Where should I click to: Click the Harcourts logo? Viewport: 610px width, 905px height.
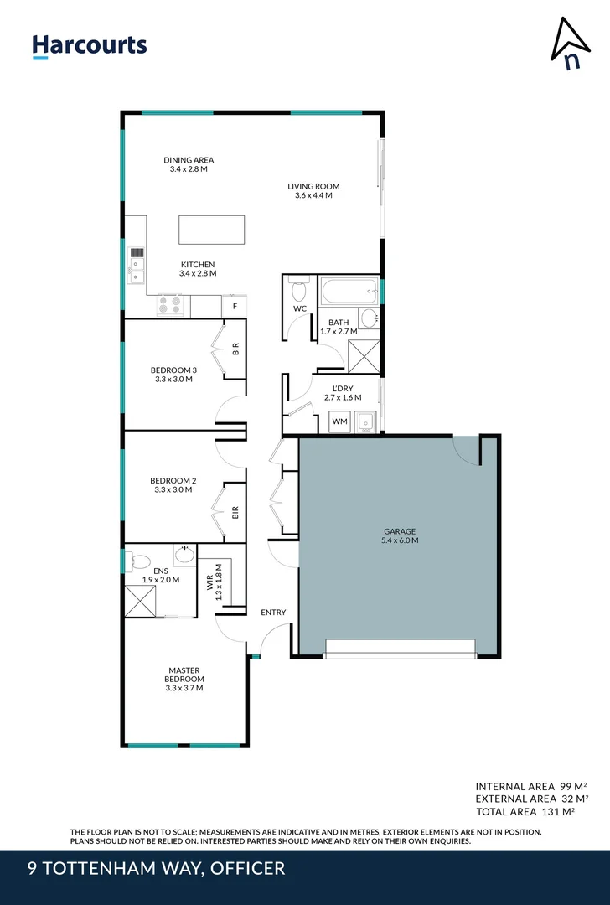tap(89, 45)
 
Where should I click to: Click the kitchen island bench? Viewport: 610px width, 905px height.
tap(211, 230)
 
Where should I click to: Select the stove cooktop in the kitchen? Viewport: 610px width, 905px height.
tap(170, 307)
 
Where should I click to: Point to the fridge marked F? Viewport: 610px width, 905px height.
tap(235, 307)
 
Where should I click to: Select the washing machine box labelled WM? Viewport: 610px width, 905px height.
tap(339, 421)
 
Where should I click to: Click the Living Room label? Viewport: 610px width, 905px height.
tap(313, 186)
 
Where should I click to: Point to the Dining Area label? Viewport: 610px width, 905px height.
tap(189, 160)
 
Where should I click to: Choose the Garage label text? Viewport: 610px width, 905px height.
tap(400, 531)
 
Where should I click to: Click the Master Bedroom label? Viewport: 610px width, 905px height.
tap(185, 675)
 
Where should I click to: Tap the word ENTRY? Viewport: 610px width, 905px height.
tap(273, 613)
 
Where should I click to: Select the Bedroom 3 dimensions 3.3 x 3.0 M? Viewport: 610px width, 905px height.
tap(173, 379)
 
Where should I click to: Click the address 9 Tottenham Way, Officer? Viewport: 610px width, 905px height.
tap(156, 868)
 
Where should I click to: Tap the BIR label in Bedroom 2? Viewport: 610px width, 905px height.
tap(235, 510)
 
